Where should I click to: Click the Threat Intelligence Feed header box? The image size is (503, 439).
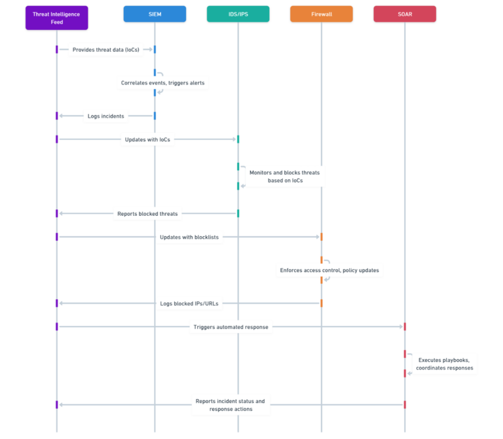pyautogui.click(x=56, y=18)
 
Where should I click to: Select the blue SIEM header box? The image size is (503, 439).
pyautogui.click(x=155, y=14)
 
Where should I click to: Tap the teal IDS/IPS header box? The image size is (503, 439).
pyautogui.click(x=238, y=14)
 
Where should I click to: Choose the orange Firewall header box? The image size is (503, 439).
pyautogui.click(x=321, y=14)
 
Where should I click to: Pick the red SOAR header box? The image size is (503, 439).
pyautogui.click(x=405, y=14)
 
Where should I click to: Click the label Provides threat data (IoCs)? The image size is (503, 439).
pyautogui.click(x=106, y=50)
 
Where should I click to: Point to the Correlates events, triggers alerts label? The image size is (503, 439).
pyautogui.click(x=162, y=83)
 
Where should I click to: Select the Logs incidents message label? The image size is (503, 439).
pyautogui.click(x=106, y=116)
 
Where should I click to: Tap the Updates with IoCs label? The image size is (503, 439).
pyautogui.click(x=147, y=139)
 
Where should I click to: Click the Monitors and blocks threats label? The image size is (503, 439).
pyautogui.click(x=284, y=177)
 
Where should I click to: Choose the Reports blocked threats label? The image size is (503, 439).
pyautogui.click(x=147, y=213)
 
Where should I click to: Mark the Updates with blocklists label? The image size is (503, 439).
pyautogui.click(x=189, y=237)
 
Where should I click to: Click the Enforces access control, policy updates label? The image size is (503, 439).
pyautogui.click(x=329, y=270)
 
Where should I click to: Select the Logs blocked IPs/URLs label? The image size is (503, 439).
pyautogui.click(x=189, y=304)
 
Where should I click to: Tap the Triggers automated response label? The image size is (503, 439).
pyautogui.click(x=231, y=327)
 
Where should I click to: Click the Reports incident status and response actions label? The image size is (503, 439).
pyautogui.click(x=231, y=405)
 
